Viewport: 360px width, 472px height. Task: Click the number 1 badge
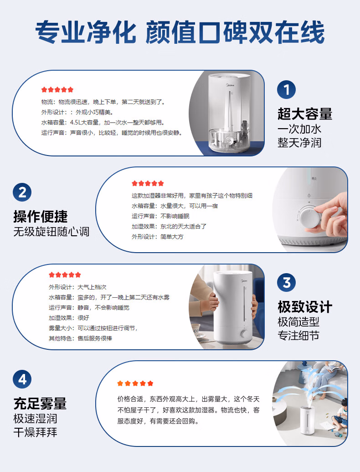286,90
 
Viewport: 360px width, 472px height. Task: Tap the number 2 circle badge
22,192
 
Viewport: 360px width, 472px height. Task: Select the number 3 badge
286,282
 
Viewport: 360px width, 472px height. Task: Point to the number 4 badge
22,379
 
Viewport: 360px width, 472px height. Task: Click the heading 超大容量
305,114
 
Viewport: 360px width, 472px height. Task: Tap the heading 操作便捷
41,216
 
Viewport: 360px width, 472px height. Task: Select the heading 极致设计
305,307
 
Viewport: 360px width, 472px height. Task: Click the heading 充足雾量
40,404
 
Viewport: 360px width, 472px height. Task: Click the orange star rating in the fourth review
135,383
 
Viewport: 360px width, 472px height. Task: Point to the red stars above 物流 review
57,89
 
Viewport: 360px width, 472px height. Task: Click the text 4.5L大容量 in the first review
84,123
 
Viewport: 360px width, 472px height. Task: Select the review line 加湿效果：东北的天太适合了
169,226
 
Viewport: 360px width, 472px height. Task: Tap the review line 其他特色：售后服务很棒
80,338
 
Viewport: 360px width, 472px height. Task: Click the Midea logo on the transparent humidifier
230,85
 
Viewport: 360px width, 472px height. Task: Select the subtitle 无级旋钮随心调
51,232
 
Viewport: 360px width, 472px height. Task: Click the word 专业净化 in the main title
86,32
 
